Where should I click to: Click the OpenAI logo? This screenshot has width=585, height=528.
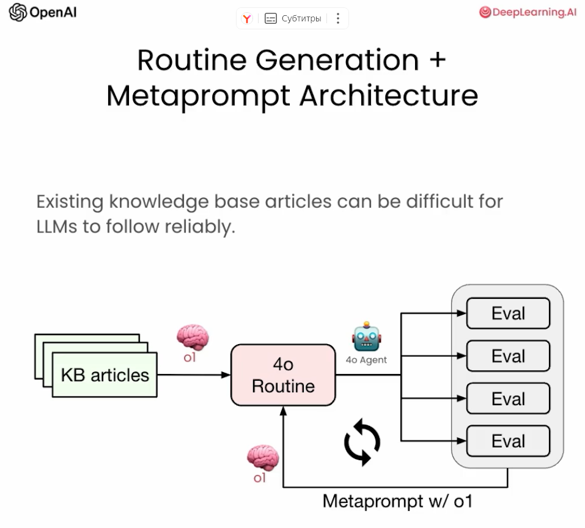click(x=18, y=12)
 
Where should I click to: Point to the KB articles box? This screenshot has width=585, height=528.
click(x=105, y=375)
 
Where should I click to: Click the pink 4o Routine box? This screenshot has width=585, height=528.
click(x=283, y=375)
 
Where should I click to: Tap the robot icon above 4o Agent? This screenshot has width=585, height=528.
click(x=366, y=337)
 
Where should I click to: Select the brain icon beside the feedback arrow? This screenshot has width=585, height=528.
click(x=262, y=458)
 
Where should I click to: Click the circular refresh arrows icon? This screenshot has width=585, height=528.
click(x=362, y=441)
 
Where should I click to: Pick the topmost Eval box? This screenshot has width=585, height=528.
click(x=508, y=313)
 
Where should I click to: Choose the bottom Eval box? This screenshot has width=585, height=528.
click(x=508, y=441)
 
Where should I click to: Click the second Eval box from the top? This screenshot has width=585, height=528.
click(x=508, y=356)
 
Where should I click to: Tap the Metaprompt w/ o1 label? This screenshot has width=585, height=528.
click(x=397, y=502)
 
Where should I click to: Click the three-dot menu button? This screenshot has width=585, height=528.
click(x=338, y=18)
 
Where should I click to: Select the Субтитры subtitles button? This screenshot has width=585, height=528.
click(x=293, y=18)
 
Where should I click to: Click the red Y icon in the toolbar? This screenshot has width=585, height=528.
click(x=247, y=19)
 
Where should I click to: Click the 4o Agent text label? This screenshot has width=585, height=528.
click(x=366, y=360)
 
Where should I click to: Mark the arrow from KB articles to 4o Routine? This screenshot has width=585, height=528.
click(x=193, y=375)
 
